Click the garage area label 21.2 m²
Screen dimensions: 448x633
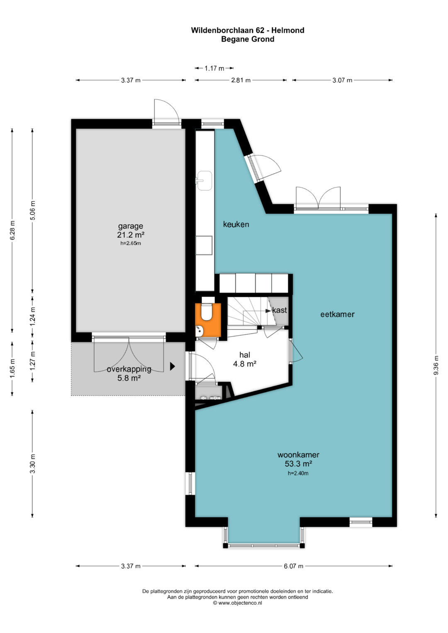[x=131, y=235]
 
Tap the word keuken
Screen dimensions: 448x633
[x=236, y=224]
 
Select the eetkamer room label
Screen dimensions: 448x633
[x=337, y=314]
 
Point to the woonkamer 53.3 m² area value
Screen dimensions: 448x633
[x=298, y=464]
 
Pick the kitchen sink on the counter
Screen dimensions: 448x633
[x=205, y=180]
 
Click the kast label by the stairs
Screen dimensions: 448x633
[x=280, y=310]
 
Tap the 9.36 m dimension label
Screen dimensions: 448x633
[x=436, y=365]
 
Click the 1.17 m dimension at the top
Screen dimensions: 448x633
[x=214, y=68]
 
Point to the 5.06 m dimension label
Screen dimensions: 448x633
[x=32, y=211]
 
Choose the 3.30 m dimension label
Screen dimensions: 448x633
[x=32, y=464]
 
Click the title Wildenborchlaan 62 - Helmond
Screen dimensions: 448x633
[x=248, y=30]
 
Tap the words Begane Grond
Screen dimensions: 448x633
[x=248, y=39]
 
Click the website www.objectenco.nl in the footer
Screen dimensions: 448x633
[x=240, y=603]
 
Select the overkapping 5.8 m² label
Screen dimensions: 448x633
[x=129, y=373]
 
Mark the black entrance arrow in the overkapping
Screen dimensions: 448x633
[x=172, y=366]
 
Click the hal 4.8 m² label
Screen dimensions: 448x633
[x=245, y=359]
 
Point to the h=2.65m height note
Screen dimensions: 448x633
[x=131, y=243]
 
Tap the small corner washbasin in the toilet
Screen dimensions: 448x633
[x=199, y=331]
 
